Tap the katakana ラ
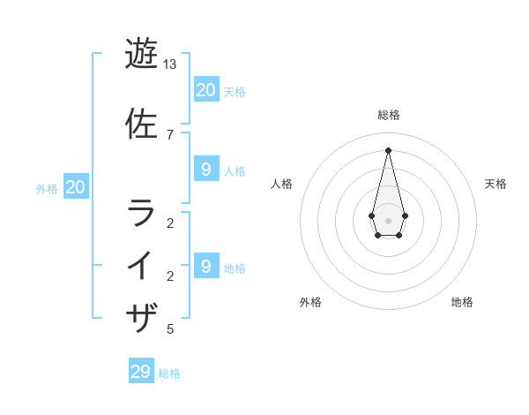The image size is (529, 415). click(142, 214)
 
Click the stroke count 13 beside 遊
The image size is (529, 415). click(170, 64)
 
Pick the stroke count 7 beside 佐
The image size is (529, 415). click(170, 134)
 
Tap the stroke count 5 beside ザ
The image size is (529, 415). click(170, 329)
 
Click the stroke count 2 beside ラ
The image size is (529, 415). click(170, 223)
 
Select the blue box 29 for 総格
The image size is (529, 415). click(141, 372)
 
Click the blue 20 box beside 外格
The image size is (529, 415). click(76, 187)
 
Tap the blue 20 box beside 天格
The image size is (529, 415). click(205, 89)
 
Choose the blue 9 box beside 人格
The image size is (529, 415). click(205, 170)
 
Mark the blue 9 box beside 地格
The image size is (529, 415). click(205, 266)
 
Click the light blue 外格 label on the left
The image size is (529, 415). click(47, 188)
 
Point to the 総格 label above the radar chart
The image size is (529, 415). click(389, 115)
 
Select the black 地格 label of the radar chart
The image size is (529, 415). click(462, 302)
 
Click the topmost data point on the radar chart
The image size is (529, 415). click(388, 149)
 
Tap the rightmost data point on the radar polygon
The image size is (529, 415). click(405, 215)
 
